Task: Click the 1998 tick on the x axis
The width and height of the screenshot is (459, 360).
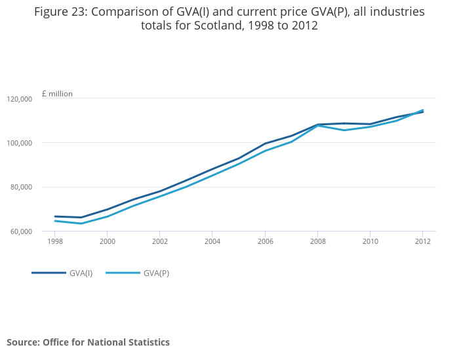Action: pos(55,241)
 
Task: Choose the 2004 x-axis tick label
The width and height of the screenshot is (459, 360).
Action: pos(212,241)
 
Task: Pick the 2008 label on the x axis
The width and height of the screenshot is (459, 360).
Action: pos(317,241)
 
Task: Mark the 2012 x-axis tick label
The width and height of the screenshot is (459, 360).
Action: pos(422,241)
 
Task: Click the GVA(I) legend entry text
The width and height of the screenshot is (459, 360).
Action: pos(81,273)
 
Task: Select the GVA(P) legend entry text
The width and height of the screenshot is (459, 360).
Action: pos(156,273)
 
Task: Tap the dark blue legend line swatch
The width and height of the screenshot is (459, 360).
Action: pos(49,273)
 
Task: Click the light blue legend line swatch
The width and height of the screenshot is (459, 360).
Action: pos(123,273)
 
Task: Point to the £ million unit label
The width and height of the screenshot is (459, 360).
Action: pos(57,94)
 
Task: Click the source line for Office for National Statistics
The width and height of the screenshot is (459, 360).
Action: pos(88,342)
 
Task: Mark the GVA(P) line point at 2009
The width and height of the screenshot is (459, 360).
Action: pos(344,130)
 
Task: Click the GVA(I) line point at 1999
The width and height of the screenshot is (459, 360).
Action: pos(81,218)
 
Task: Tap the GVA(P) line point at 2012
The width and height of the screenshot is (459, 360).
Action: pos(422,110)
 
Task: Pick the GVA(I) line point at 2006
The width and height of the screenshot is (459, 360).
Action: pos(265,144)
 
